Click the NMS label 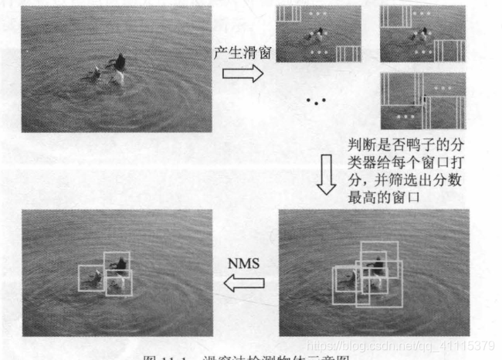245,263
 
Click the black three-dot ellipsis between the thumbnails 316,100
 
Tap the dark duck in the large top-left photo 118,66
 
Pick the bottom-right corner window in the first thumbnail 349,53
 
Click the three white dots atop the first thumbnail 317,14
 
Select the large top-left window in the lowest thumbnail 401,90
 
